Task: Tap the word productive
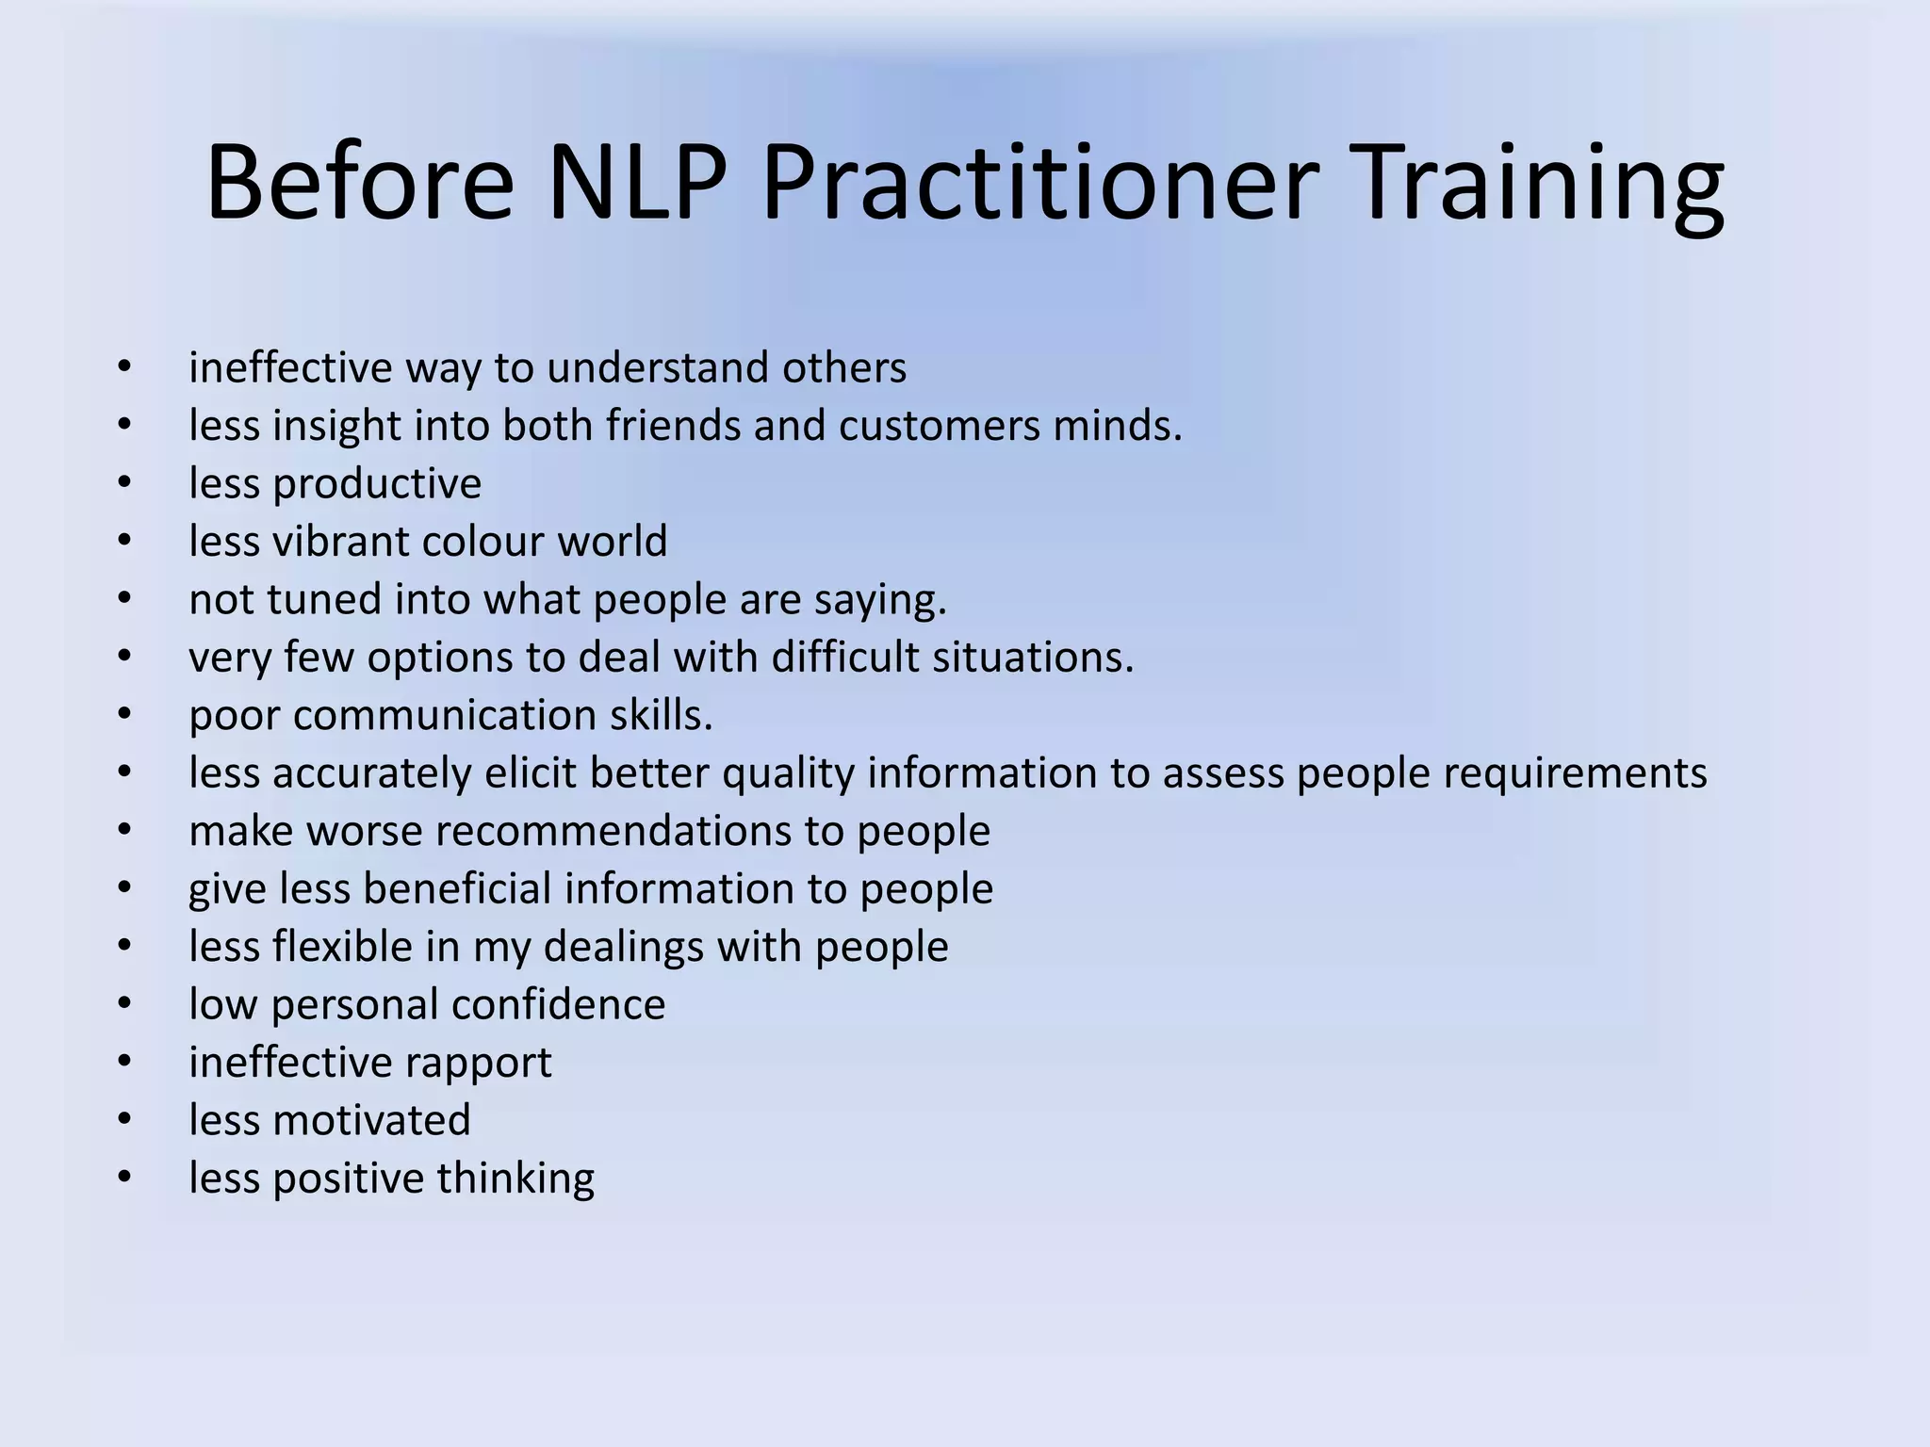377,484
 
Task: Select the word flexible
343,947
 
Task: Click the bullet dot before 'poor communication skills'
124,715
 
